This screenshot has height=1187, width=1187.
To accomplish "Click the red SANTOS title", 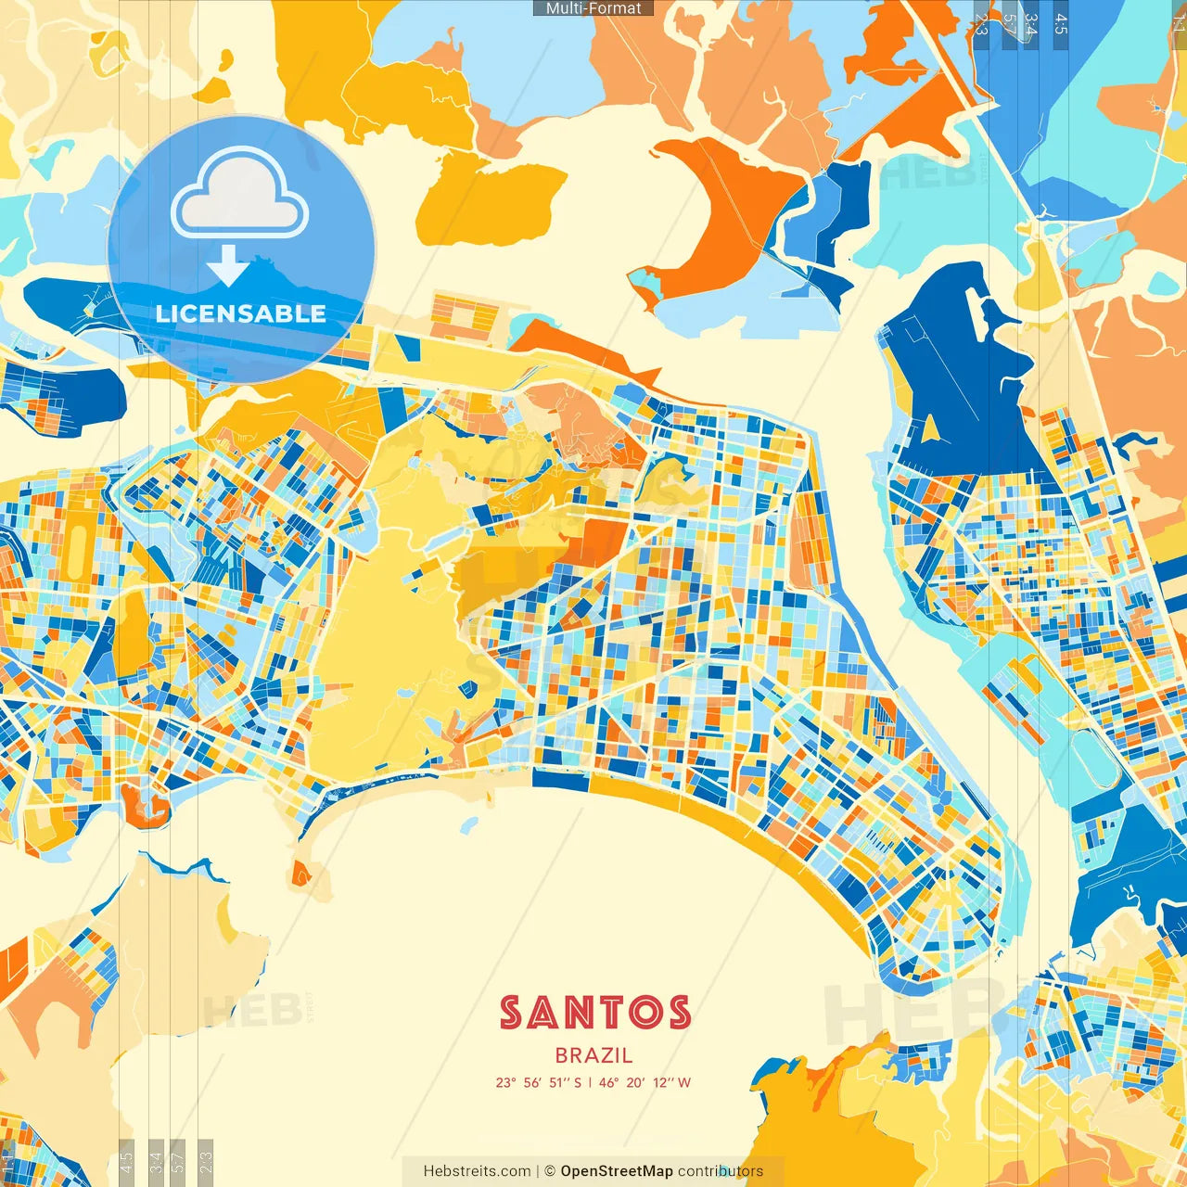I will (x=595, y=1013).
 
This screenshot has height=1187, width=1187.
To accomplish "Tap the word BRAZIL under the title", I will (x=594, y=1055).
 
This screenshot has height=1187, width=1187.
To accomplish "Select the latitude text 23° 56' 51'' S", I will (x=538, y=1082).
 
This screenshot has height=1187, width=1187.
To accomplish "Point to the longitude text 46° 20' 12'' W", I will (x=645, y=1082).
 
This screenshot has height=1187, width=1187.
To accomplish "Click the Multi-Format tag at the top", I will (x=593, y=8).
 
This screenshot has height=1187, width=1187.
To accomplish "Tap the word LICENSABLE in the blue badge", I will (x=241, y=313).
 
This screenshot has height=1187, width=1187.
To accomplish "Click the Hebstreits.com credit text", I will (x=477, y=1171).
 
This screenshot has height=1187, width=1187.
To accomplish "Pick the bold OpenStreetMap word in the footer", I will (x=617, y=1171).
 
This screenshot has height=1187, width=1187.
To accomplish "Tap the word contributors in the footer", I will (x=721, y=1171).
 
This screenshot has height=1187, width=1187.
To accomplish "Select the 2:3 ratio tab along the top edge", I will (x=981, y=23).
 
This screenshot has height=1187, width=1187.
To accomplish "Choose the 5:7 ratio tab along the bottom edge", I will (x=178, y=1159).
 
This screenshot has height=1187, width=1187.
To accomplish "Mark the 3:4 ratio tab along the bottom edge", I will (x=156, y=1159).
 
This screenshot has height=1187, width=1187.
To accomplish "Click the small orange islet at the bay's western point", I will (x=300, y=874).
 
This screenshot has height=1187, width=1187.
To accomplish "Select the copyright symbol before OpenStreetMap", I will (x=550, y=1171).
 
